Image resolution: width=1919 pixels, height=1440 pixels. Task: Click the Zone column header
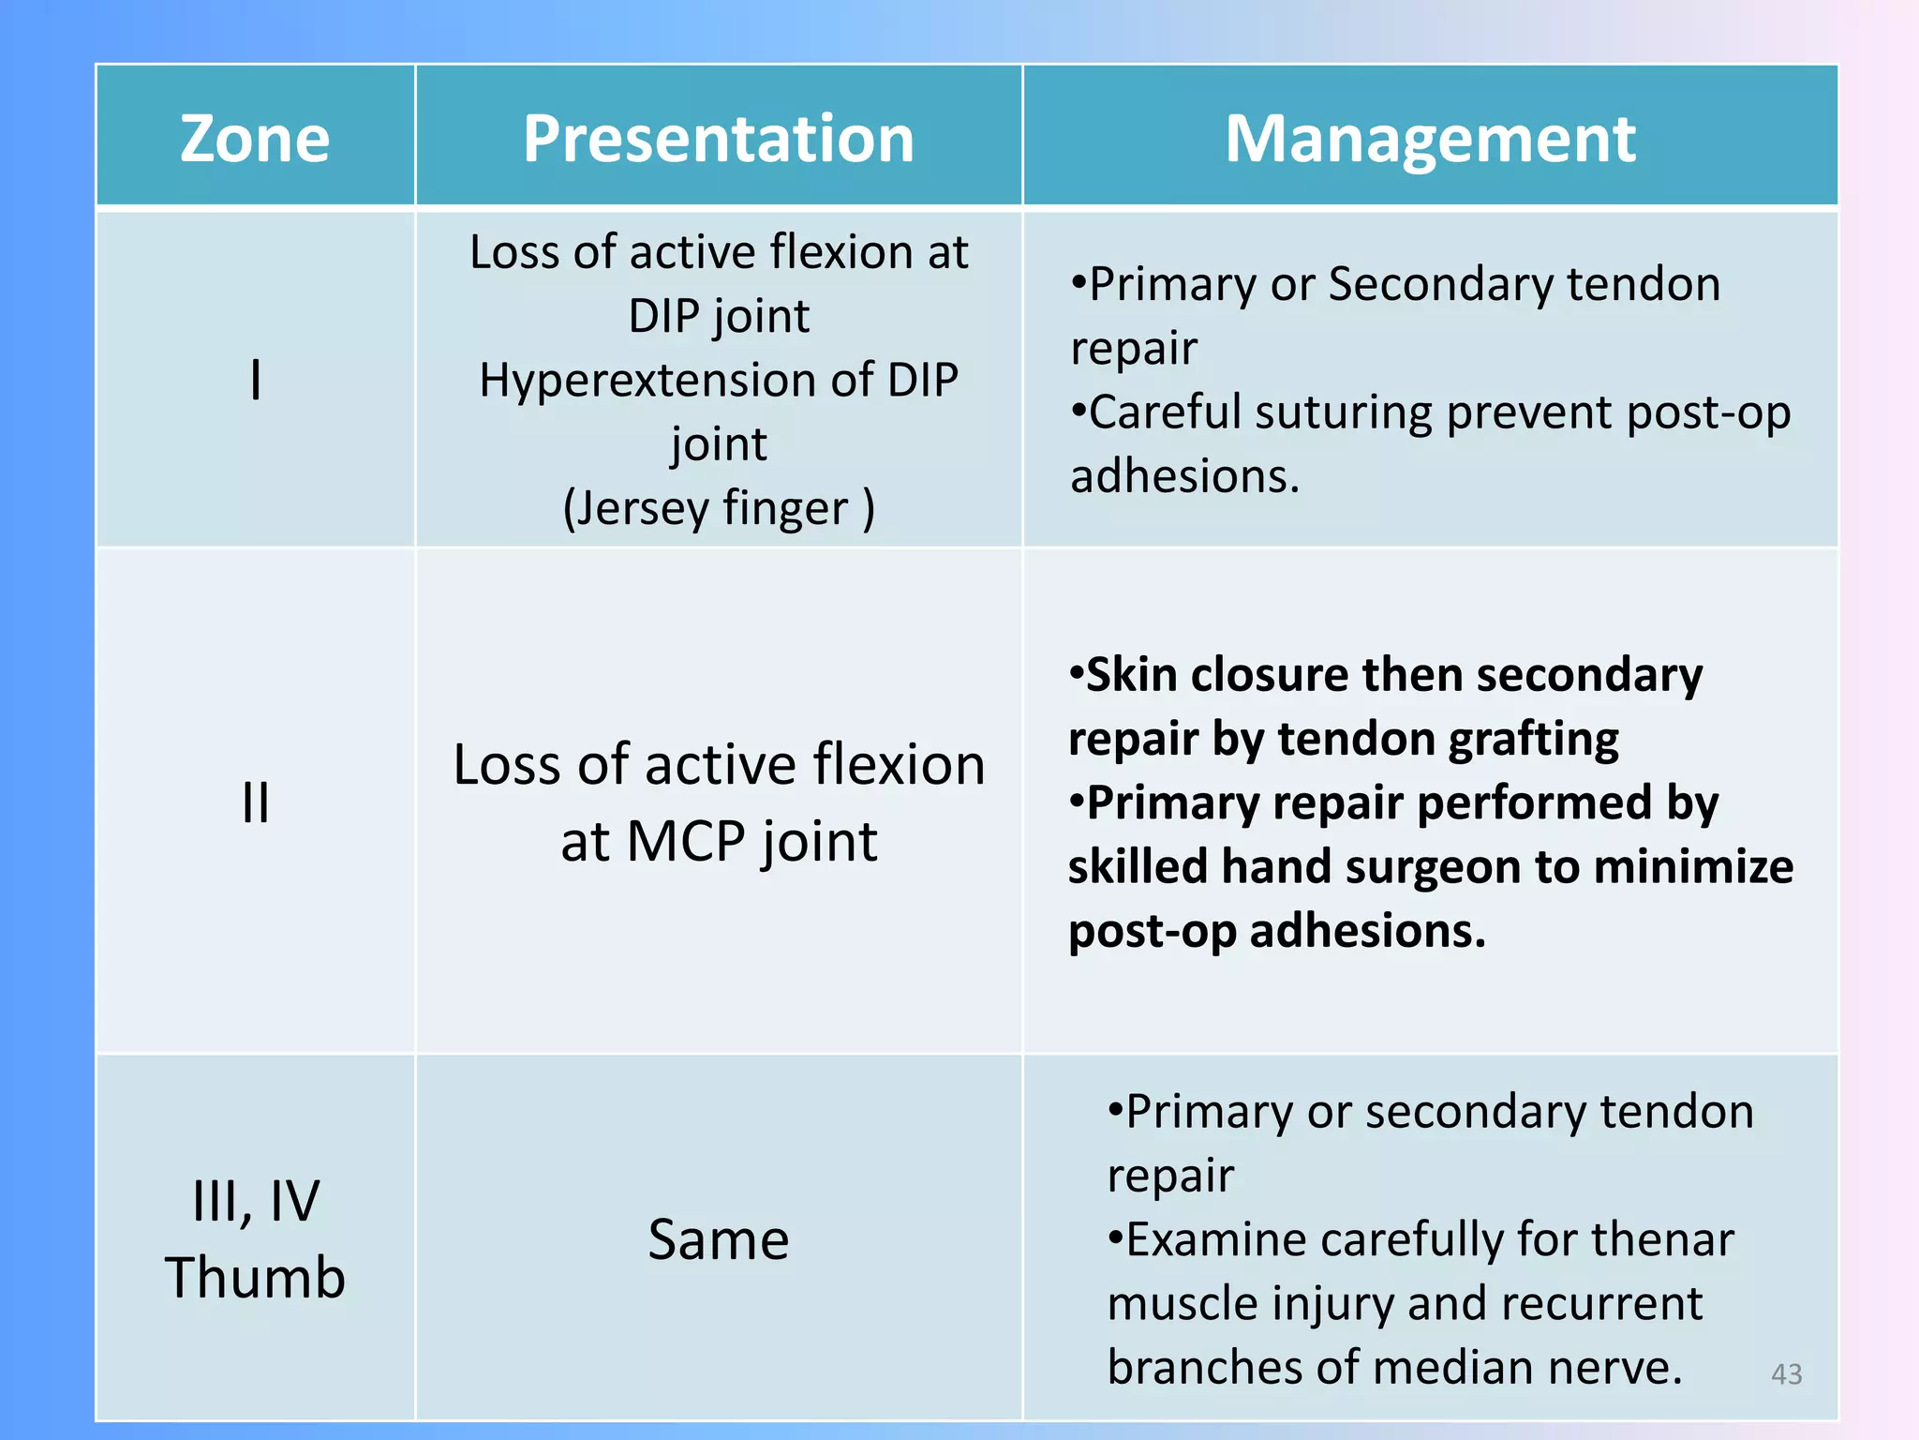[x=254, y=139]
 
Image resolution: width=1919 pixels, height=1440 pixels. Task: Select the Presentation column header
[x=718, y=139]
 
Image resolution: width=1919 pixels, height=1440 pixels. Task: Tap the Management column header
[x=1430, y=139]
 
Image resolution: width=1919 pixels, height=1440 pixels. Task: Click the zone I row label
[x=255, y=381]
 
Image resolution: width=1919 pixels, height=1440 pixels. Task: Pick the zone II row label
[x=255, y=802]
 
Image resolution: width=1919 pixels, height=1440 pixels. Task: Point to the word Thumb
[x=255, y=1277]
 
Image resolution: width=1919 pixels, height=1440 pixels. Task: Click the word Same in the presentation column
[x=718, y=1239]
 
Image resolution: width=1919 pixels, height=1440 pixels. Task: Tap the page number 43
[x=1786, y=1373]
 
